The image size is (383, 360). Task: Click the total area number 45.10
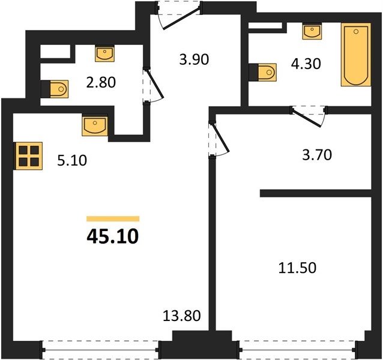[113, 237]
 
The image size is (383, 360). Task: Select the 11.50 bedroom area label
[298, 268]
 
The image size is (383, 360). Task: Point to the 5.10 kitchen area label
[72, 161]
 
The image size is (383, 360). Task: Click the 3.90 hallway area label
[194, 59]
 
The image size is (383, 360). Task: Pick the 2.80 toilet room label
[101, 82]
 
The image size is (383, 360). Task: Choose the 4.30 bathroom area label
[306, 64]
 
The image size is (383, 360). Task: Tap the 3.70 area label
[317, 155]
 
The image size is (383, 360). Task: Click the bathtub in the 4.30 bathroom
[356, 55]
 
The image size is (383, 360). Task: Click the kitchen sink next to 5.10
[95, 126]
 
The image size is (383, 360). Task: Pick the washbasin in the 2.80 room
[104, 53]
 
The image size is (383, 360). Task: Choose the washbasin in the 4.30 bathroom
[312, 31]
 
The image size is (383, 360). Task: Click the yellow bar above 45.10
[113, 218]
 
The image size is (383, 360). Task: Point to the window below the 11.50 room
[298, 350]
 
